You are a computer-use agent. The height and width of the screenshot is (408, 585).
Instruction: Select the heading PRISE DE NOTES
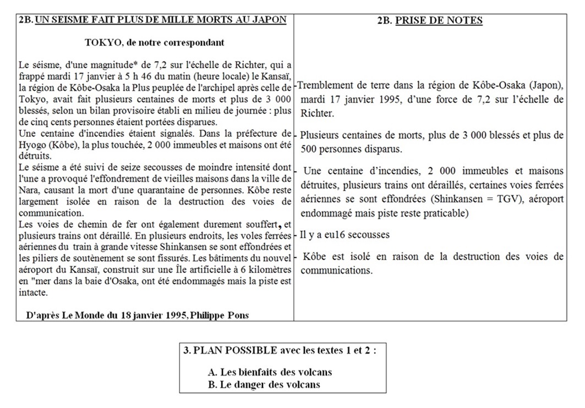tap(439, 20)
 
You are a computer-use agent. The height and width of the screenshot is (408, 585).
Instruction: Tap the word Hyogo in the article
tap(31, 143)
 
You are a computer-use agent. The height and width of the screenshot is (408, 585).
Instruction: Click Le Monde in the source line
tap(80, 315)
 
